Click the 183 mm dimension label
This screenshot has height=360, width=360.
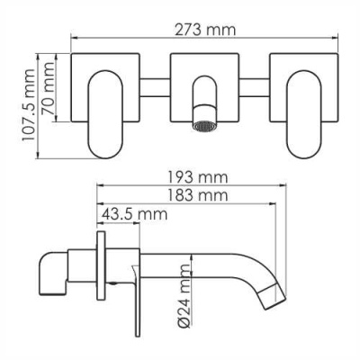(197, 194)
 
